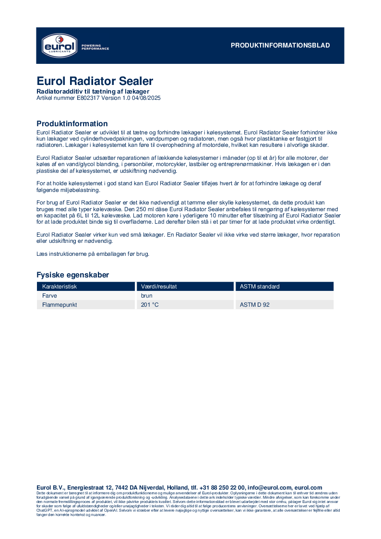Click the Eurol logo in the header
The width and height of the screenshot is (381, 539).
[58, 46]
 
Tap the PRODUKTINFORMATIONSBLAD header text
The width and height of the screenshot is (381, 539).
[280, 46]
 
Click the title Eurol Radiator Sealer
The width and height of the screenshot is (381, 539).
[95, 81]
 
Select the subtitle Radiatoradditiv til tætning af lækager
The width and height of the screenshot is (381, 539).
[93, 91]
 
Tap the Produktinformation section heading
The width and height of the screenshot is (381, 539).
[72, 124]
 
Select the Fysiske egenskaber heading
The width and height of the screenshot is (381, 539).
[72, 275]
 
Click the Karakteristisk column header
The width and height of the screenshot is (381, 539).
[60, 287]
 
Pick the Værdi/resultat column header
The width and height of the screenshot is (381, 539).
[159, 287]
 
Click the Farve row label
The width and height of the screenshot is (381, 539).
[49, 296]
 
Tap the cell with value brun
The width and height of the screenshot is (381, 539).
[147, 296]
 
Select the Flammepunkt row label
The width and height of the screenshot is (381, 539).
[60, 305]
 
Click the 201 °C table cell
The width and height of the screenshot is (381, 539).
[150, 305]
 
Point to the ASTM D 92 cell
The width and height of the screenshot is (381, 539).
[254, 305]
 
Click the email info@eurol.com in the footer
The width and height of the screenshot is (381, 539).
[269, 488]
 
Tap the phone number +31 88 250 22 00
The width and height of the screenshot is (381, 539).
[219, 488]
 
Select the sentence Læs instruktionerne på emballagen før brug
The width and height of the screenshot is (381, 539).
[93, 253]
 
